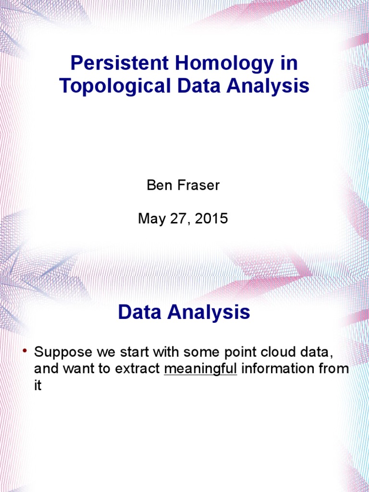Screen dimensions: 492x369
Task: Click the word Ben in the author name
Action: pyautogui.click(x=157, y=185)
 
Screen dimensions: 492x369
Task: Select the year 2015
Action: pyautogui.click(x=209, y=219)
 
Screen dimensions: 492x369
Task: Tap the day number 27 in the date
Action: pyautogui.click(x=178, y=219)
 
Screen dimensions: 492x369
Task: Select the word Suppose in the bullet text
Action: pyautogui.click(x=63, y=352)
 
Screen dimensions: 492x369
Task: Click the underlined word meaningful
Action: pyautogui.click(x=200, y=369)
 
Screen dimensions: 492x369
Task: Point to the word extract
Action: pyautogui.click(x=139, y=369)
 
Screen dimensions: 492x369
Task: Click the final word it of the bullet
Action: pyautogui.click(x=38, y=386)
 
